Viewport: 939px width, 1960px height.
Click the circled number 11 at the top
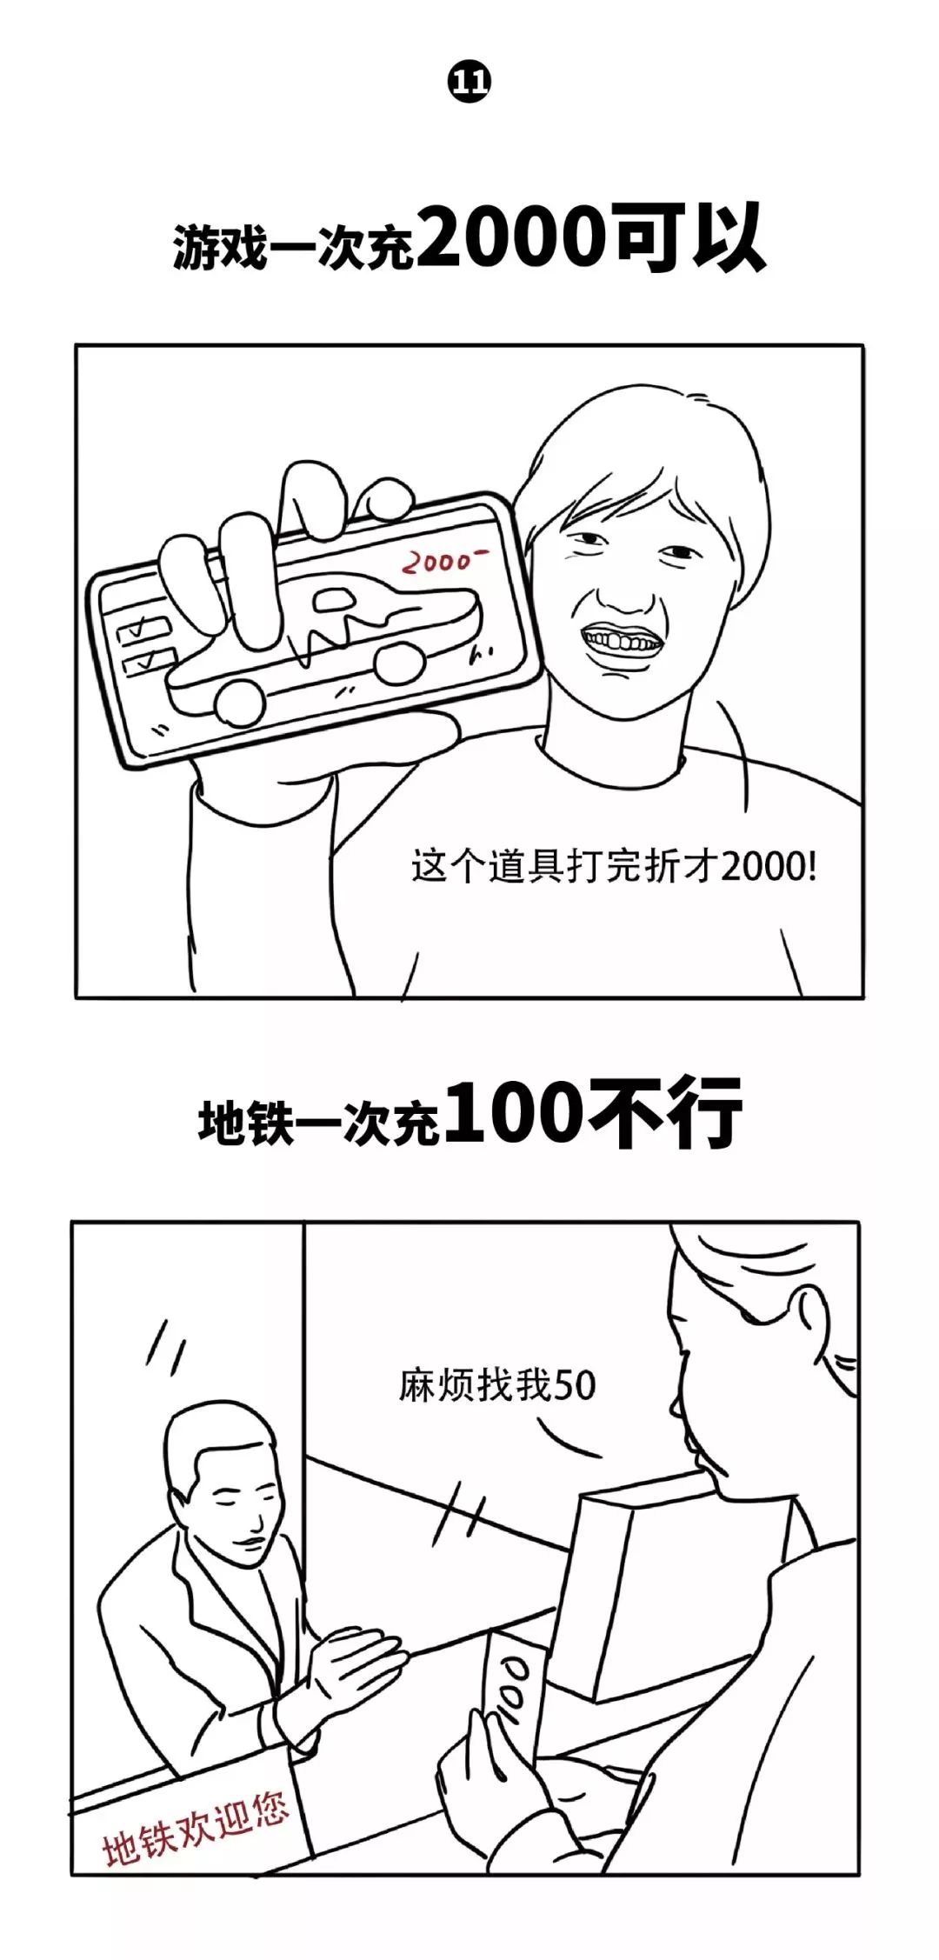tap(469, 83)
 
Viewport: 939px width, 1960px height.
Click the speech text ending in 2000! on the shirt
tap(614, 867)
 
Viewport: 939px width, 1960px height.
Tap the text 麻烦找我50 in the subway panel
tap(497, 1385)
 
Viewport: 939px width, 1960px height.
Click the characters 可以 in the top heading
tap(691, 237)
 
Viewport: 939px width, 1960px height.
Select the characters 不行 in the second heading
tap(665, 1113)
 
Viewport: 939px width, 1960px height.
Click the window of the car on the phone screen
tap(334, 598)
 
